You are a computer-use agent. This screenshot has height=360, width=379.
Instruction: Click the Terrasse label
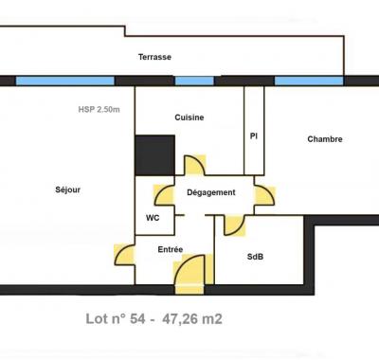coord(154,57)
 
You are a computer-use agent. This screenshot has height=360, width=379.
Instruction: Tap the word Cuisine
coord(189,117)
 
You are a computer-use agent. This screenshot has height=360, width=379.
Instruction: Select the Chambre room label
coord(324,139)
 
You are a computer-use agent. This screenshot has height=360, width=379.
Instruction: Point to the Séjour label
coord(68,190)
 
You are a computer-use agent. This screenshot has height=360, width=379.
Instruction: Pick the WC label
coord(153,217)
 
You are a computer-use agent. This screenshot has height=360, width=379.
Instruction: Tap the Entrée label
coord(171,249)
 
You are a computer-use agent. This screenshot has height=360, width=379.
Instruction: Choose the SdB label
coord(256,257)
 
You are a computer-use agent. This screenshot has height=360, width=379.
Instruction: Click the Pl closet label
coord(254,136)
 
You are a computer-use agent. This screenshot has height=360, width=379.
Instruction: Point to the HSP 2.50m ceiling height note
coord(99,109)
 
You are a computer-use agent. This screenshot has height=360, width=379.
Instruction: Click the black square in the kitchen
coord(154,154)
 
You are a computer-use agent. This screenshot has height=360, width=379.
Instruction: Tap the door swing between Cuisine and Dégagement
coord(195,166)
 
